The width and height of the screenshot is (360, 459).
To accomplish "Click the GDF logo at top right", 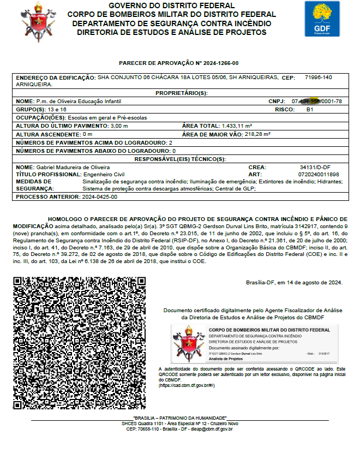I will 321,19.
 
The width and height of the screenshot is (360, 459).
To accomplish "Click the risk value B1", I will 310,110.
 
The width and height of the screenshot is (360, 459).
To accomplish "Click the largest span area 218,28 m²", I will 257,134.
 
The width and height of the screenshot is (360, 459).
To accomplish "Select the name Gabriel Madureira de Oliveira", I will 73,167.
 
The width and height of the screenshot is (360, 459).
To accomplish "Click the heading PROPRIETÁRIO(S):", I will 179,93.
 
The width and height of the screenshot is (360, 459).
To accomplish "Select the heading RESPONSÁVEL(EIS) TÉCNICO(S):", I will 180,159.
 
